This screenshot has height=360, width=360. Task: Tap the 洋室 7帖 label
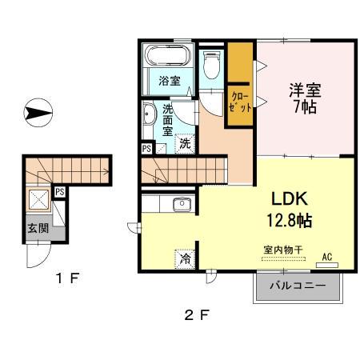[x=305, y=97]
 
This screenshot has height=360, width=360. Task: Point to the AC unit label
[x=326, y=257]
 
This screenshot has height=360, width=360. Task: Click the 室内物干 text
[x=282, y=250]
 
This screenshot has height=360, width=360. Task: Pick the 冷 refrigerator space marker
[x=184, y=258]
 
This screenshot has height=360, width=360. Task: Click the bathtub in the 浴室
[x=166, y=57]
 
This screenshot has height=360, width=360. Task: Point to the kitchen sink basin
[x=182, y=204]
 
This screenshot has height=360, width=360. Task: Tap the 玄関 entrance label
[x=38, y=228]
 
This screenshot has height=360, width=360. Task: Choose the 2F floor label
[x=196, y=314]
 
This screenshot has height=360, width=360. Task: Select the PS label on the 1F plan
[x=59, y=190]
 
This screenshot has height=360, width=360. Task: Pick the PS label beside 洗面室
[x=146, y=149]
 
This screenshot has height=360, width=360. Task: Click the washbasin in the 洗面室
[x=149, y=118]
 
